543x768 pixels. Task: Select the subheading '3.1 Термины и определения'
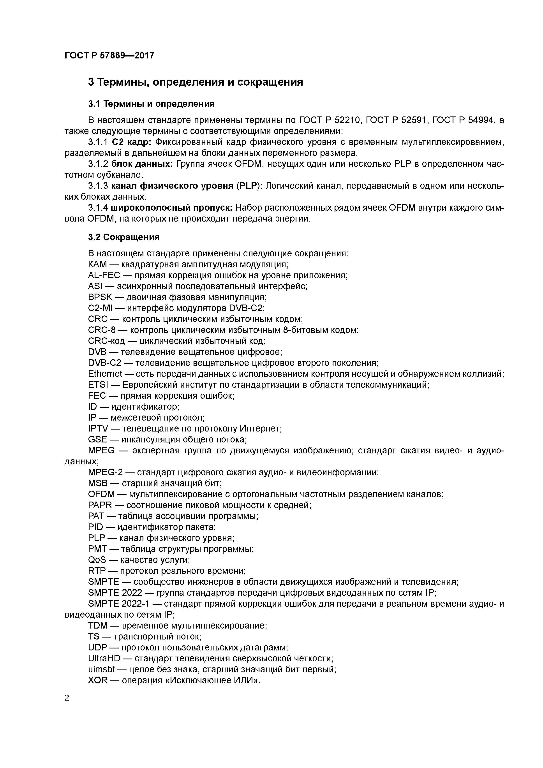pos(151,104)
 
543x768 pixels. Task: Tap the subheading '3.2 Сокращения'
pos(124,237)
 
